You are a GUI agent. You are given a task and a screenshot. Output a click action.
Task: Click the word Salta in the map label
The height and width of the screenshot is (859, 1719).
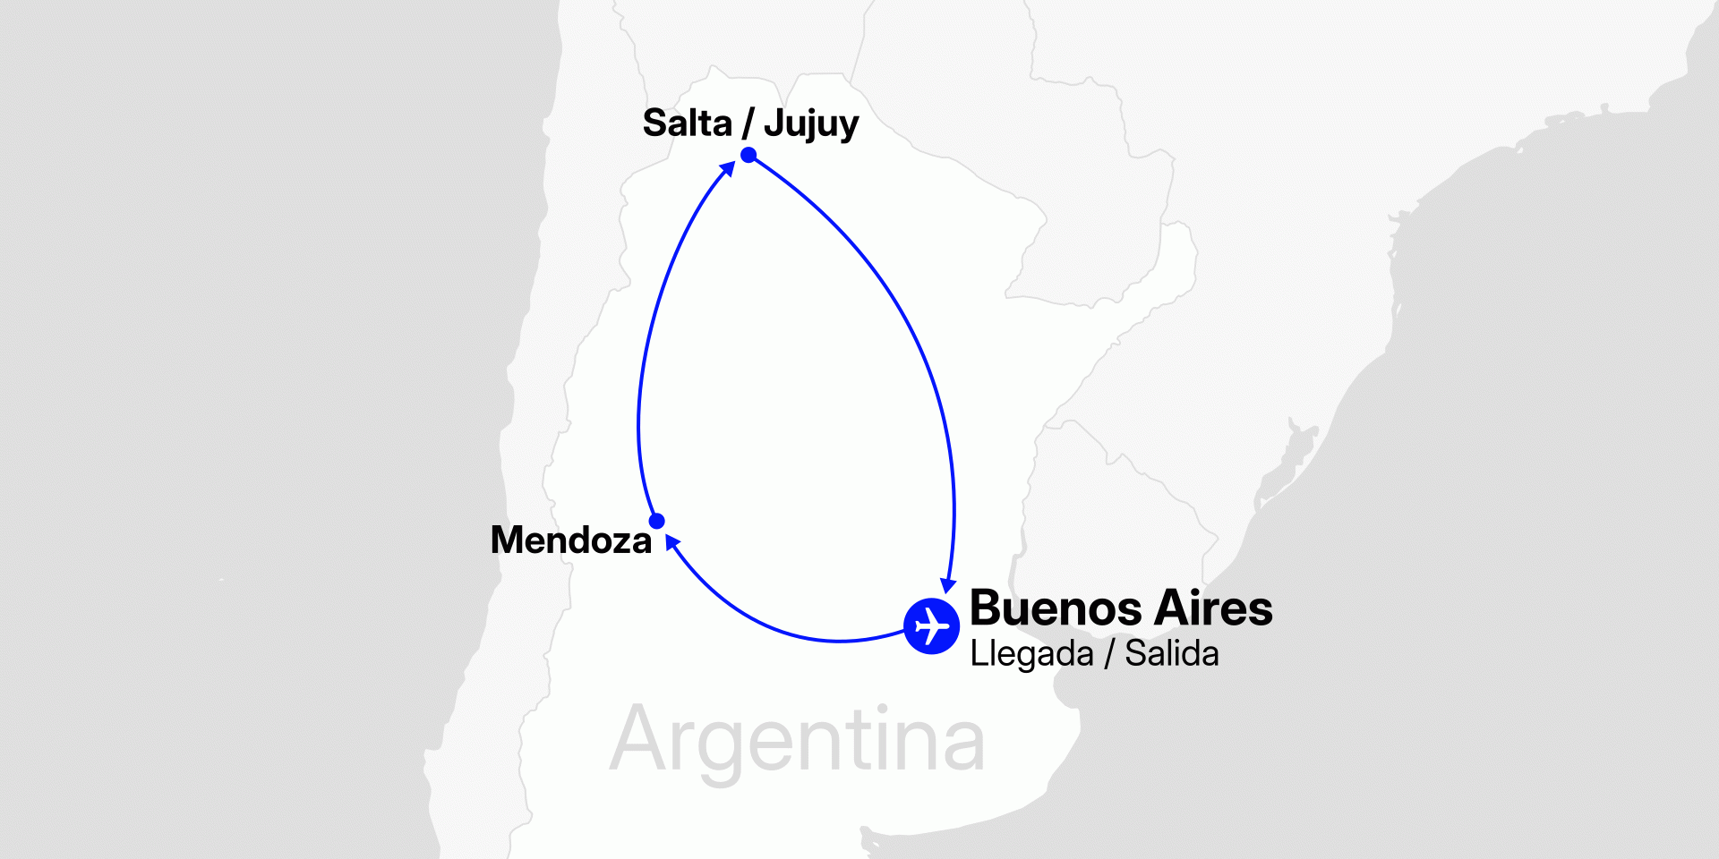pyautogui.click(x=687, y=123)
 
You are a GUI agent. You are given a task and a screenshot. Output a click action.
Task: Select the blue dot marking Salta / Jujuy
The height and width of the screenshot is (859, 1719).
pyautogui.click(x=748, y=156)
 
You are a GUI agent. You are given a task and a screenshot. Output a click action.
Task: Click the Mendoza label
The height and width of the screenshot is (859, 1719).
pyautogui.click(x=571, y=540)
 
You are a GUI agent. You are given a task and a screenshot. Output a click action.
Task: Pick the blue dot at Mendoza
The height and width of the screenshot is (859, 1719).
pyautogui.click(x=656, y=521)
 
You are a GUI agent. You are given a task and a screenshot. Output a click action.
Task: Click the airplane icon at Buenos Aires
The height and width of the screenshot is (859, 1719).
pyautogui.click(x=931, y=626)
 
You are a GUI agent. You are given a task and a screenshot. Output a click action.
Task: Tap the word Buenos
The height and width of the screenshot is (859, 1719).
pyautogui.click(x=1056, y=609)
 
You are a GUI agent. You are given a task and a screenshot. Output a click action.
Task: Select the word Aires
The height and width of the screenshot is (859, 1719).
pyautogui.click(x=1213, y=609)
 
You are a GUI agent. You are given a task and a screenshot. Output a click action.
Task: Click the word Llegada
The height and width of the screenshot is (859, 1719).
pyautogui.click(x=1031, y=654)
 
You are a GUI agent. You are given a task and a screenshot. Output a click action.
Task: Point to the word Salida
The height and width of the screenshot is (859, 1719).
pyautogui.click(x=1171, y=654)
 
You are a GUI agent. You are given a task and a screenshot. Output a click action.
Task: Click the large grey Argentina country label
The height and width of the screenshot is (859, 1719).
pyautogui.click(x=797, y=741)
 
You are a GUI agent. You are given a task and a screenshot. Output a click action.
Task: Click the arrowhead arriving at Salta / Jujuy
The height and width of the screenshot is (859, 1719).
pyautogui.click(x=728, y=168)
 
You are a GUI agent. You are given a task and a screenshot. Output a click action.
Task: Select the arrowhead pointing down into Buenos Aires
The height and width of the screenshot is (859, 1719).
pyautogui.click(x=948, y=585)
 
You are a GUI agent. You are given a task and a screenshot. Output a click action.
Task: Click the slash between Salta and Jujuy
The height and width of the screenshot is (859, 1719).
pyautogui.click(x=748, y=123)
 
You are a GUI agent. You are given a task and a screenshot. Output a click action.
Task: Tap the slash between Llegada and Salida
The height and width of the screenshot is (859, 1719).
pyautogui.click(x=1109, y=654)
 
